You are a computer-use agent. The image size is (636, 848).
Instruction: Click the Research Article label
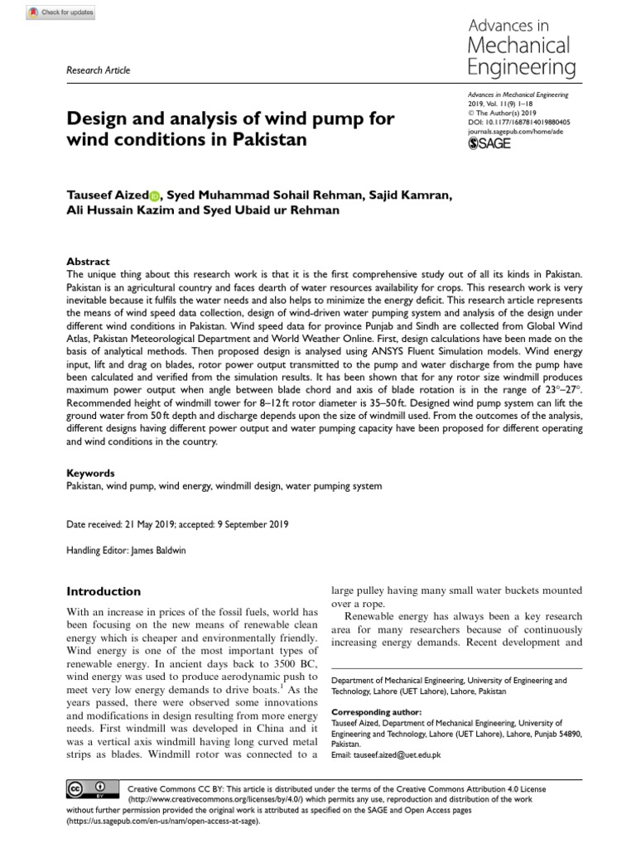(x=98, y=70)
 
